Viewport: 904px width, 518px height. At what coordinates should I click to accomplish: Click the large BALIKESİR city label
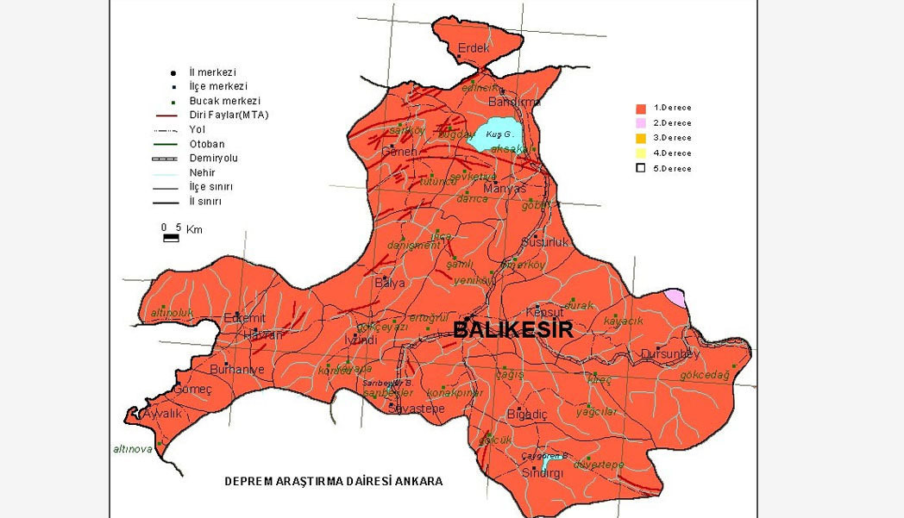[512, 329]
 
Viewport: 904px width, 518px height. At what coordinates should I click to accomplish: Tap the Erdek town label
[474, 47]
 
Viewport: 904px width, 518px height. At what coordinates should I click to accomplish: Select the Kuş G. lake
[499, 134]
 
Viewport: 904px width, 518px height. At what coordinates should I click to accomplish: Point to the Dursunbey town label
[670, 353]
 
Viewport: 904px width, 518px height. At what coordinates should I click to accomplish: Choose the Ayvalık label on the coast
[162, 413]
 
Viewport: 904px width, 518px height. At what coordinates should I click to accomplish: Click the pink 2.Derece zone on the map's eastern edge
[675, 298]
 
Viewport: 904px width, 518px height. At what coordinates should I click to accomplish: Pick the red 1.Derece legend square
[641, 109]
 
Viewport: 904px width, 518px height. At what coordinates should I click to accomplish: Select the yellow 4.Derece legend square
[641, 153]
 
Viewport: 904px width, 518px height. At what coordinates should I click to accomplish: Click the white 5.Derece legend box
[641, 168]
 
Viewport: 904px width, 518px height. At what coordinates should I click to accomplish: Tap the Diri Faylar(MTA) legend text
[229, 115]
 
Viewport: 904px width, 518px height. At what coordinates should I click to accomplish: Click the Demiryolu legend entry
[213, 159]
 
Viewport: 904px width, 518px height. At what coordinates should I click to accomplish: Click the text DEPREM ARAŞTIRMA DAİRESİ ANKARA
[334, 481]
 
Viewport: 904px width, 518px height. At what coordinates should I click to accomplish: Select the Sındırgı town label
[542, 473]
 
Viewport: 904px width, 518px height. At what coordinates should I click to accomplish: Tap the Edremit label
[244, 317]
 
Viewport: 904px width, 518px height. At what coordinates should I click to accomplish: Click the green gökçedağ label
[704, 375]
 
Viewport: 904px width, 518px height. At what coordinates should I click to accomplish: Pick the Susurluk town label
[545, 242]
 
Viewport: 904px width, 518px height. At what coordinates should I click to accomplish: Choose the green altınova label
[133, 449]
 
